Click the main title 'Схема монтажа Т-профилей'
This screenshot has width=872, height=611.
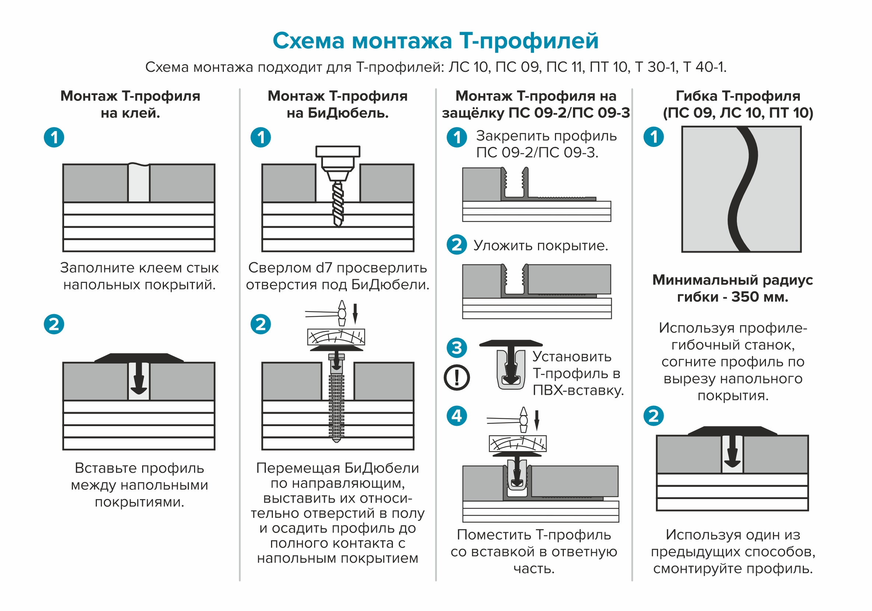tap(435, 41)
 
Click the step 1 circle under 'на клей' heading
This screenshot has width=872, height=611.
tap(54, 137)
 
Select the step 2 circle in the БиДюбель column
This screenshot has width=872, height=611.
tap(261, 324)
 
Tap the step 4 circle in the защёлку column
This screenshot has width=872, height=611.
tap(457, 416)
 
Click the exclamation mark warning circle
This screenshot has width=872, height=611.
tap(457, 378)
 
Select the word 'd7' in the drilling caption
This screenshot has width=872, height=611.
tap(324, 268)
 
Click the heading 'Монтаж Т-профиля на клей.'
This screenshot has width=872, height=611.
tap(130, 104)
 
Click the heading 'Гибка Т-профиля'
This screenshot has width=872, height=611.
tap(738, 96)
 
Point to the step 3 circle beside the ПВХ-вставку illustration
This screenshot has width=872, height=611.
tap(457, 347)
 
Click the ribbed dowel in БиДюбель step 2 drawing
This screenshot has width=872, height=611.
tap(337, 406)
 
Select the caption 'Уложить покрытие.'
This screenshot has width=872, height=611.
tap(541, 246)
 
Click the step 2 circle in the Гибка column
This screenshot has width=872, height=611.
tap(653, 416)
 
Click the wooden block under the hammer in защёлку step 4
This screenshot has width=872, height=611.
tap(517, 443)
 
